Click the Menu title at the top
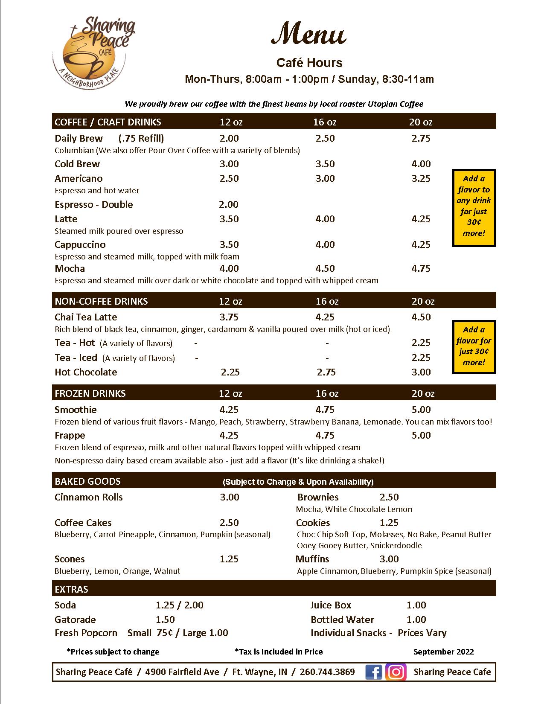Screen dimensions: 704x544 pos(308,35)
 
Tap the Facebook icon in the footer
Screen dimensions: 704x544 pos(374,672)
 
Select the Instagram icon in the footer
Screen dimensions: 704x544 pos(396,672)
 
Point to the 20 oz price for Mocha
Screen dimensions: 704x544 pos(421,268)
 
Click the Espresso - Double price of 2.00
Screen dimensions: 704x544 pos(229,204)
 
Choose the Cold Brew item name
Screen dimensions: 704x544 pos(77,164)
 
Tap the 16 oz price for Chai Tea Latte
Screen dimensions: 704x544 pos(325,317)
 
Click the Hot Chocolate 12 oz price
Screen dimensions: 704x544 pos(230,372)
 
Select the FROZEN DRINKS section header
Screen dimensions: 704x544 pos(90,393)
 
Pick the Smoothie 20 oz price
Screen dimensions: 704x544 pos(421,410)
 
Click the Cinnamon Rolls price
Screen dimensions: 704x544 pos(230,497)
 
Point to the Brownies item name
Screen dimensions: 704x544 pos(318,497)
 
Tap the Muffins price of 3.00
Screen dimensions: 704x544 pos(389,559)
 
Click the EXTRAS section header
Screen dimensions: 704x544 pos(72,589)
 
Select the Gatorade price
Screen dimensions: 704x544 pos(165,620)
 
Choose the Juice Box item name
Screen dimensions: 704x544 pos(331,605)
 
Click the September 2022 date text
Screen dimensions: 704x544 pos(443,652)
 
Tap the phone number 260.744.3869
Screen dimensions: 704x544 pos(327,672)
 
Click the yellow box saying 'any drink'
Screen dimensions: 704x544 pos(474,208)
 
